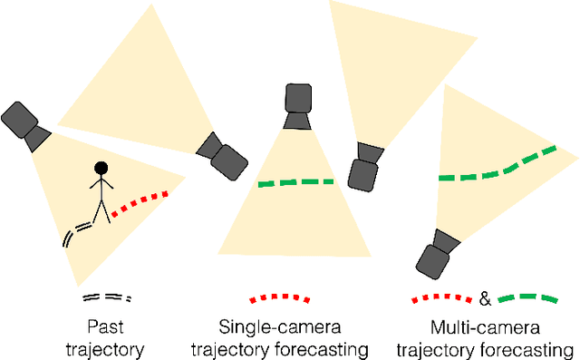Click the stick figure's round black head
[101, 167]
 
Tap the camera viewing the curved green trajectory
[439, 254]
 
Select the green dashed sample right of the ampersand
[527, 297]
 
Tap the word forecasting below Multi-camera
[534, 347]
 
